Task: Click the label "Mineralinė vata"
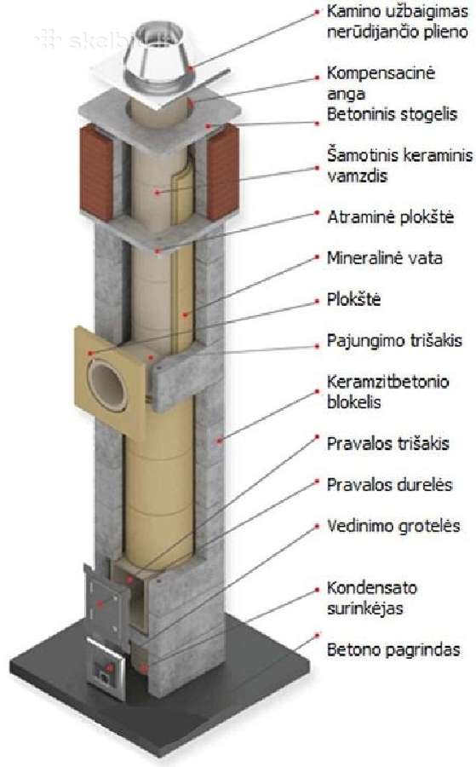(385, 257)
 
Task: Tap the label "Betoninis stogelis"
(392, 114)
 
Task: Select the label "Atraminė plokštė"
(391, 216)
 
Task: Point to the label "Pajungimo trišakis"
(394, 340)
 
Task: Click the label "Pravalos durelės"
(389, 484)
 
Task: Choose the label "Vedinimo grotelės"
(393, 526)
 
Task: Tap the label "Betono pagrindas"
(393, 649)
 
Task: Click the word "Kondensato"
(372, 587)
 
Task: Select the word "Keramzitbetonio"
(387, 382)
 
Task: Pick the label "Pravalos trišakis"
(388, 444)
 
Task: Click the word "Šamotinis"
(363, 155)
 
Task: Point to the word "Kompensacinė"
(381, 73)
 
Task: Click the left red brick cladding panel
(95, 172)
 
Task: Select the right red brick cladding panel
(222, 171)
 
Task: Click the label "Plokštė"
(353, 299)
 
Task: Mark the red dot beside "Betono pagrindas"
(317, 635)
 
